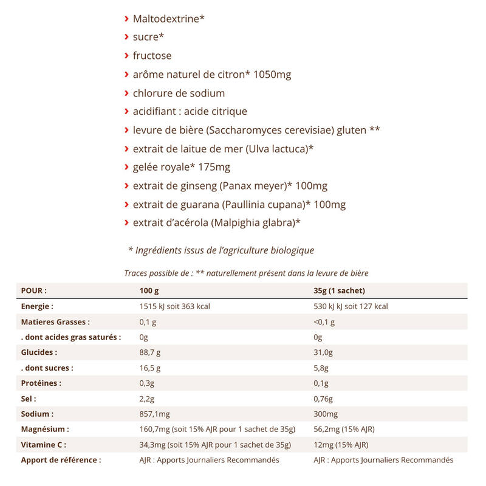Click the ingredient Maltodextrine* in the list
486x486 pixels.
[168, 19]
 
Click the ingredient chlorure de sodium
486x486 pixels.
[179, 94]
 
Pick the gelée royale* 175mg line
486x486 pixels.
[182, 167]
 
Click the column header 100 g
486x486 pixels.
[149, 290]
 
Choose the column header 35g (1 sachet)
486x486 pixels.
[339, 290]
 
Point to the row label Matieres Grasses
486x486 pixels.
[55, 321]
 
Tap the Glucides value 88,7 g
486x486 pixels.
[150, 352]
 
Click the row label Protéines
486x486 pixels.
[41, 383]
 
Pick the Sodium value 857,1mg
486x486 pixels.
[156, 414]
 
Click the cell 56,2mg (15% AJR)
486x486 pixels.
[344, 430]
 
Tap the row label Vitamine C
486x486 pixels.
[43, 445]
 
